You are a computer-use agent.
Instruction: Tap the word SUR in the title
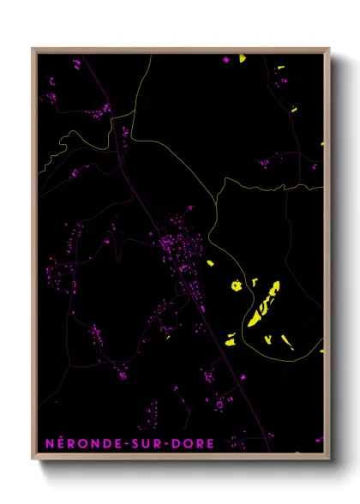143,443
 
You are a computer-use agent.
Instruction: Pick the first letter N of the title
49,443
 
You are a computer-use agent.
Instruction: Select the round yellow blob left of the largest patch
234,285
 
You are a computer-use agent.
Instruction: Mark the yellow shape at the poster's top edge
243,58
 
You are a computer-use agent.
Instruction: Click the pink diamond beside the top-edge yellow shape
226,60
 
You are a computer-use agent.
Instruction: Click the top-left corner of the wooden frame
33,49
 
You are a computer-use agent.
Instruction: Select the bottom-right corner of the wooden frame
329,459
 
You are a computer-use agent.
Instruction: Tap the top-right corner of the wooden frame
329,49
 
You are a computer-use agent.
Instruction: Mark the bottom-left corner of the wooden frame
33,459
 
